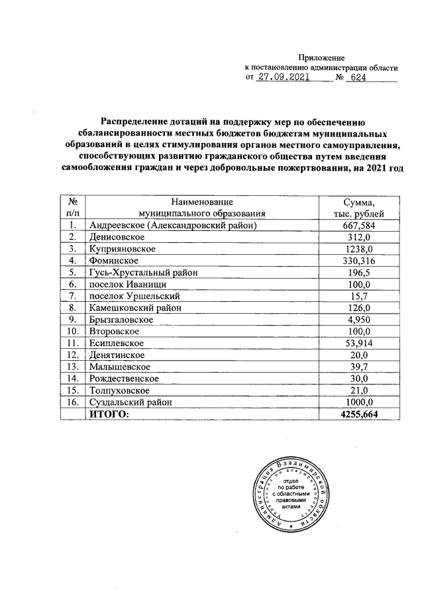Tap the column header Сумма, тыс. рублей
pyautogui.click(x=359, y=208)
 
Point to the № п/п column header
pyautogui.click(x=73, y=208)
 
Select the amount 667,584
pyautogui.click(x=360, y=226)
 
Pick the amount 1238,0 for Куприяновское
pyautogui.click(x=360, y=249)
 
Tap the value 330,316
pyautogui.click(x=360, y=261)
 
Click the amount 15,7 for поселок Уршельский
pyautogui.click(x=360, y=296)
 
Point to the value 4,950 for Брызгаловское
pyautogui.click(x=360, y=319)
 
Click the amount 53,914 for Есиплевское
pyautogui.click(x=360, y=343)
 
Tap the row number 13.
pyautogui.click(x=73, y=366)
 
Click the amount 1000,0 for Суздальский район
pyautogui.click(x=360, y=401)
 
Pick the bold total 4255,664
pyautogui.click(x=360, y=414)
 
